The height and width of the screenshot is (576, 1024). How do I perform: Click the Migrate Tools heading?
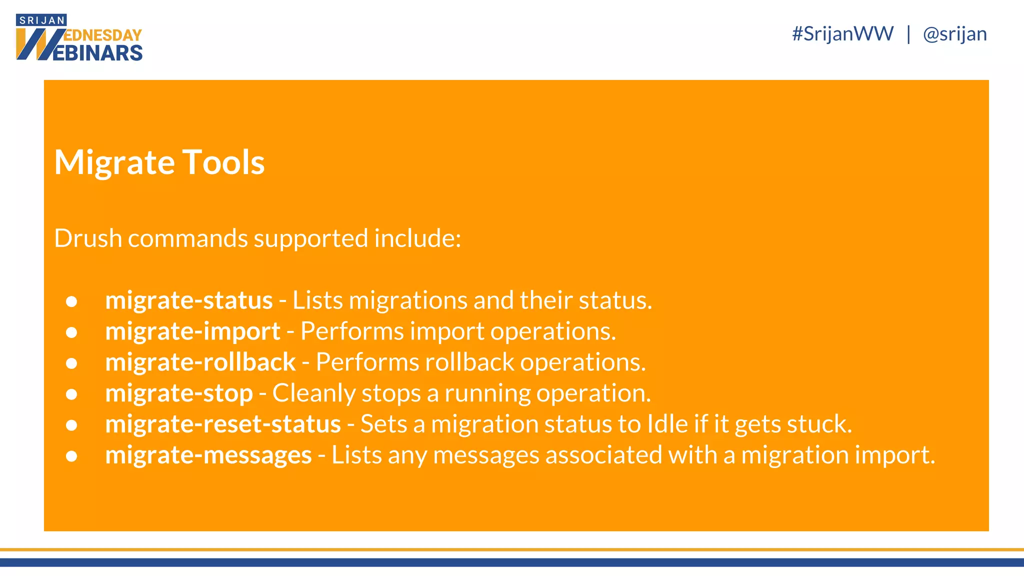(159, 162)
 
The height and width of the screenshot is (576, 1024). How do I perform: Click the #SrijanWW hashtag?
(842, 34)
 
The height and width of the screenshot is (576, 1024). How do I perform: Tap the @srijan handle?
(954, 34)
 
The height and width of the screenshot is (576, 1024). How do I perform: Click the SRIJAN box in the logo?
(41, 20)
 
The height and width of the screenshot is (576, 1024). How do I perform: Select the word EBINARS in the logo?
(97, 53)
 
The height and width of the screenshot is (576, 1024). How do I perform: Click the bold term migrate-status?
(188, 300)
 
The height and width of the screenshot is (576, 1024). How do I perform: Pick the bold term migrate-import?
(192, 331)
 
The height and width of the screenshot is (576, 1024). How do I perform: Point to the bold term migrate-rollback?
(200, 362)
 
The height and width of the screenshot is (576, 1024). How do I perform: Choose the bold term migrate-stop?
(178, 393)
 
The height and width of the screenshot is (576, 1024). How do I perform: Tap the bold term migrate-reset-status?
(222, 424)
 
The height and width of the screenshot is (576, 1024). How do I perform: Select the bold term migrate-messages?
(208, 455)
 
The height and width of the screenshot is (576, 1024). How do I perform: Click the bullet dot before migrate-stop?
(71, 394)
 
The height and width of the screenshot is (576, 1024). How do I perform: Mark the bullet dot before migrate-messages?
(71, 456)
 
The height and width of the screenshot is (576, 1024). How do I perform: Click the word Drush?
(87, 238)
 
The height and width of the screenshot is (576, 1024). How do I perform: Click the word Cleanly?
(313, 393)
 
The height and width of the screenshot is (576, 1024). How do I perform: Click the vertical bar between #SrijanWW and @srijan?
(908, 34)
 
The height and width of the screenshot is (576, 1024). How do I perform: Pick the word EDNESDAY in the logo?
(103, 35)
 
